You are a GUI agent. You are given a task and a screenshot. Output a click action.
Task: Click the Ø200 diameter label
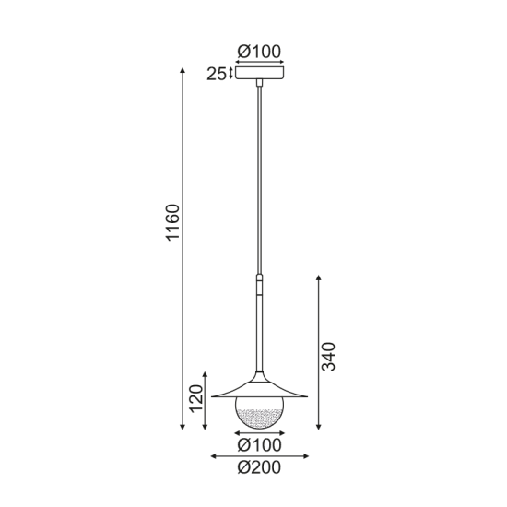point(259,467)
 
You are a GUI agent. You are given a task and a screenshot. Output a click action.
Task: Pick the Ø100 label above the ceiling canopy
point(260,51)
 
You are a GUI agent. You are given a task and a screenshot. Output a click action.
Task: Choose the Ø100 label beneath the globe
point(259,445)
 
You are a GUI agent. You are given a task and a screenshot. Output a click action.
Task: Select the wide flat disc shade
point(259,393)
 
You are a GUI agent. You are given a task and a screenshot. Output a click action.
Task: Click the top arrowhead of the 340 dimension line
point(317,277)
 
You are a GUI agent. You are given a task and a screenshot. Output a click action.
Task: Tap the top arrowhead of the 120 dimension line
point(205,371)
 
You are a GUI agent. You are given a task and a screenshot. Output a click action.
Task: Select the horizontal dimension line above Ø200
point(259,455)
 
